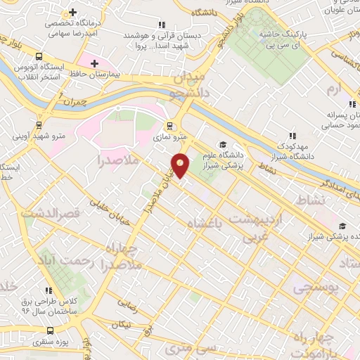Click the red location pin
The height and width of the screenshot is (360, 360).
click(181, 166)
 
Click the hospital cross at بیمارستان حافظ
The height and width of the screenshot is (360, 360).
click(95, 63)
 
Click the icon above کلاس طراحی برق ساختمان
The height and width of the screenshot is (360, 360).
click(49, 290)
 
